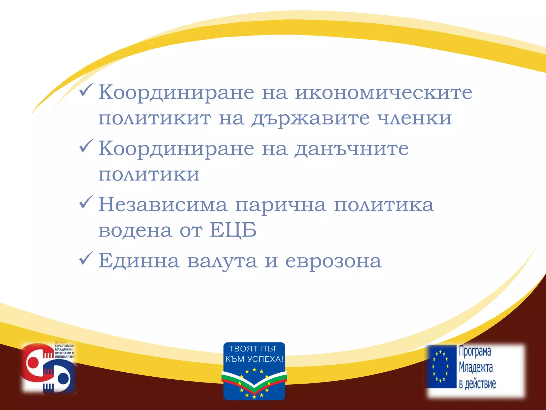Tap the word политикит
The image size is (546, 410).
[155, 118]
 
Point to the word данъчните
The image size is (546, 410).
[351, 149]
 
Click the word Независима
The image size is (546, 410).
[163, 205]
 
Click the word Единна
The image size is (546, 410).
[139, 261]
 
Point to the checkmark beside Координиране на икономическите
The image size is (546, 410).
[86, 90]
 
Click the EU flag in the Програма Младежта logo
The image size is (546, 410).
[441, 366]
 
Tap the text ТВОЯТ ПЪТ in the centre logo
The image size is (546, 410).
[253, 349]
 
